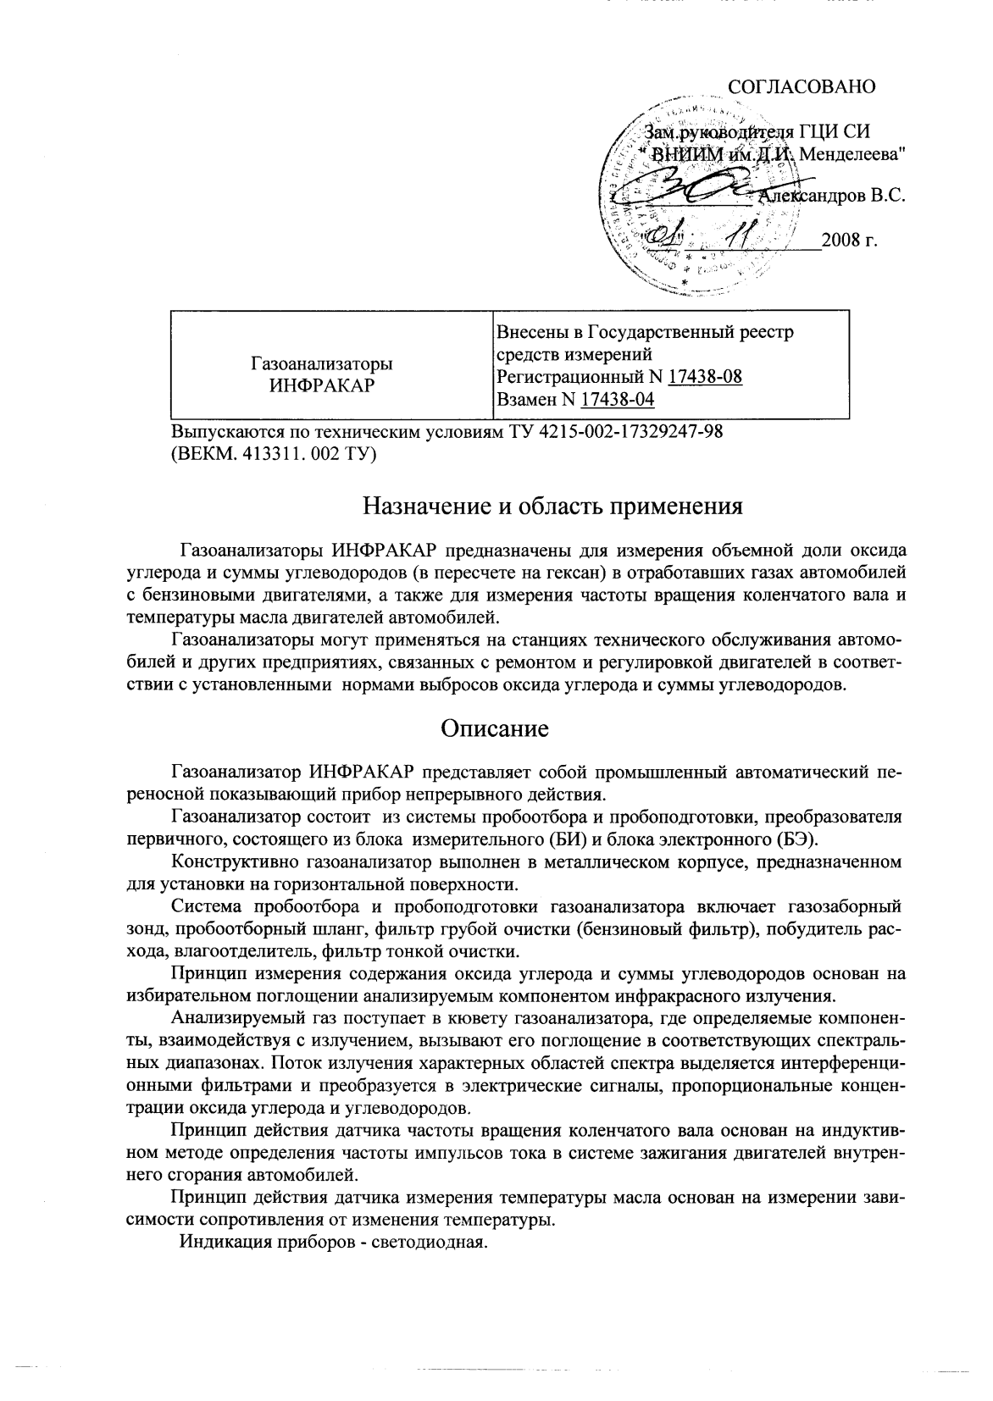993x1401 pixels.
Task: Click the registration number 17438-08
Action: pos(705,377)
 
